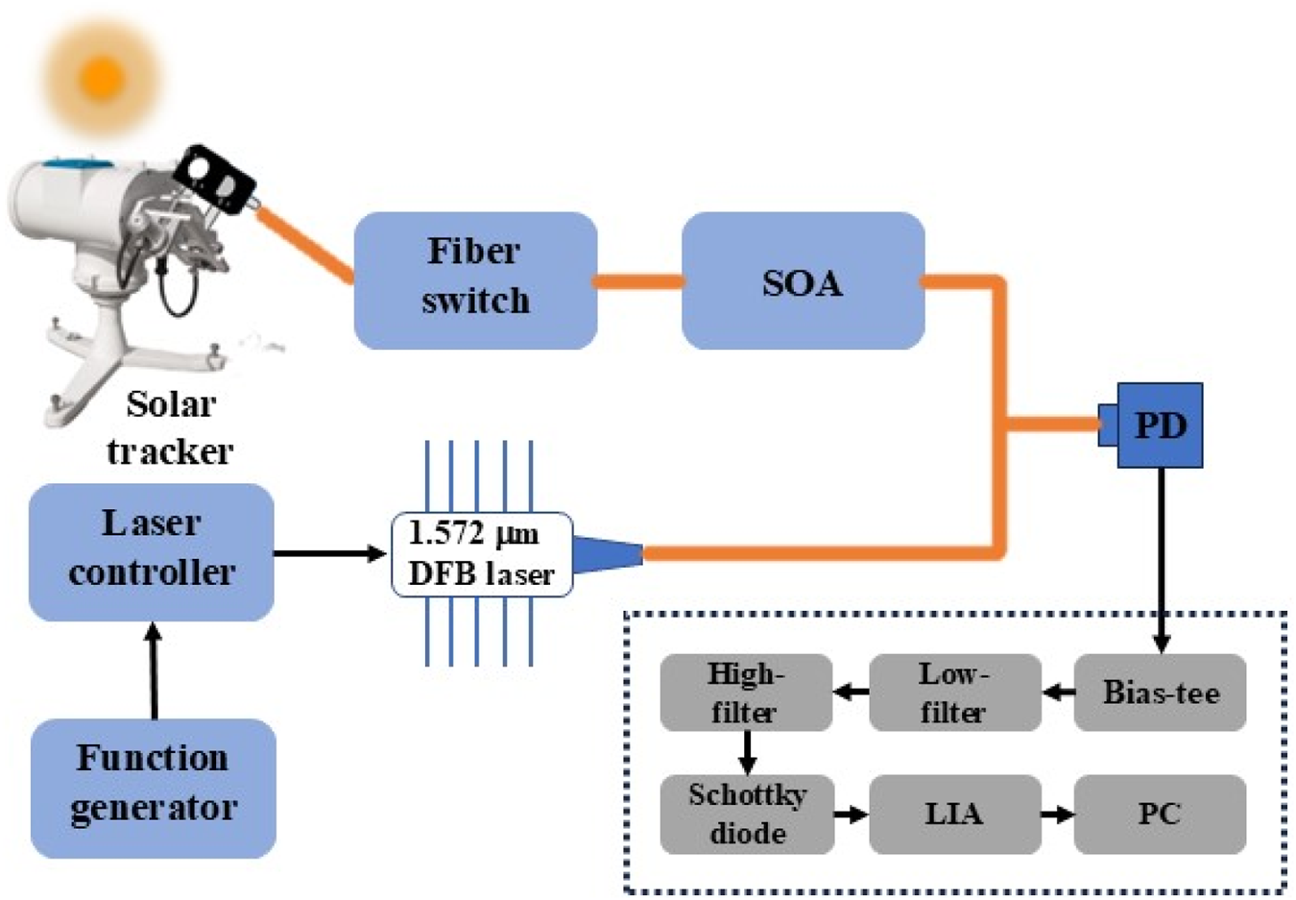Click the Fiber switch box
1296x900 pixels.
pyautogui.click(x=475, y=280)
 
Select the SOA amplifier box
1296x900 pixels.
pyautogui.click(x=803, y=281)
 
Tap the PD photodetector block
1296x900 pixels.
pyautogui.click(x=1160, y=426)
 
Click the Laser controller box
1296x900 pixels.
pyautogui.click(x=152, y=551)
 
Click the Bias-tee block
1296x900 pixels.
pyautogui.click(x=1160, y=693)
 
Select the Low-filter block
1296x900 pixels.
pyautogui.click(x=954, y=693)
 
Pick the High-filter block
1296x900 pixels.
pyautogui.click(x=746, y=693)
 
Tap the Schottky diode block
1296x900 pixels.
pyautogui.click(x=746, y=814)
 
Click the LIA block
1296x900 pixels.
pyautogui.click(x=954, y=814)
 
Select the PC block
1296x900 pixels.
pyautogui.click(x=1160, y=814)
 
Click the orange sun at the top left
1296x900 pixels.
pyautogui.click(x=102, y=78)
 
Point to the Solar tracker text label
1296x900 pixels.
pyautogui.click(x=170, y=427)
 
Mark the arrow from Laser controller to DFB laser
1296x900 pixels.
pyautogui.click(x=330, y=553)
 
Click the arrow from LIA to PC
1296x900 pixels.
pyautogui.click(x=1057, y=815)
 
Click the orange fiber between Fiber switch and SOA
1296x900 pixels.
pyautogui.click(x=639, y=281)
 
